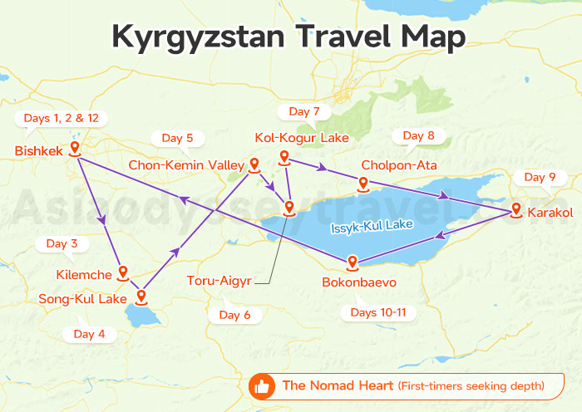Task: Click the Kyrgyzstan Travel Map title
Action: pos(290,37)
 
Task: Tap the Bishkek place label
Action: pos(38,150)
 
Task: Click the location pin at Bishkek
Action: pos(75,149)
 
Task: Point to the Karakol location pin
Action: pos(515,210)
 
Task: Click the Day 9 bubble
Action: pos(540,177)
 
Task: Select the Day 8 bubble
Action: pos(418,135)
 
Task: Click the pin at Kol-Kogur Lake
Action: pos(284,157)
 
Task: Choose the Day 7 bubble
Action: pos(303,111)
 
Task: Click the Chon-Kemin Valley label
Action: pos(185,165)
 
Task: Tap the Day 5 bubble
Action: pos(177,138)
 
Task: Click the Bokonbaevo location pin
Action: pos(353,262)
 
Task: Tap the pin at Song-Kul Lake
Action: pos(141,295)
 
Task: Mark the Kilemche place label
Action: pos(83,273)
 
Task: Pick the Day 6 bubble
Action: pos(234,315)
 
